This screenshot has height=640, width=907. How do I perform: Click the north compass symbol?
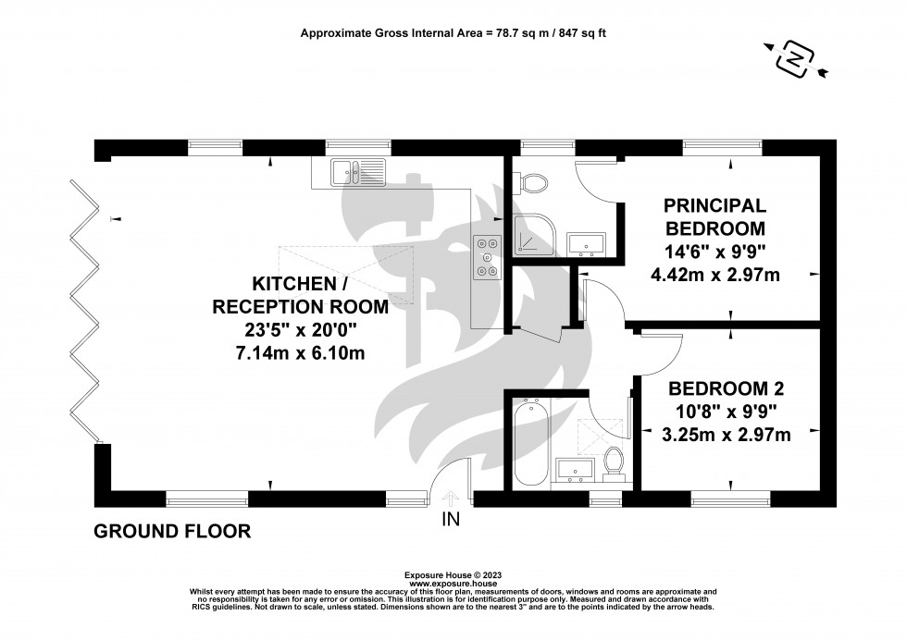[x=795, y=59]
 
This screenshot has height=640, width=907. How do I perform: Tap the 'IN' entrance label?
[x=451, y=520]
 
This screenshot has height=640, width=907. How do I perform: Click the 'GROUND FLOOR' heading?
[x=172, y=531]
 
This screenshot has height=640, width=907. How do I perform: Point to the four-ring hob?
[x=487, y=258]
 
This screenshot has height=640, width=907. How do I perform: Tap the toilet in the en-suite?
[x=534, y=183]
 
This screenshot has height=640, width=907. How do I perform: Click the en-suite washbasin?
[x=585, y=244]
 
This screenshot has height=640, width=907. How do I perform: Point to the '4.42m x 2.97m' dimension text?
[x=716, y=274]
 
